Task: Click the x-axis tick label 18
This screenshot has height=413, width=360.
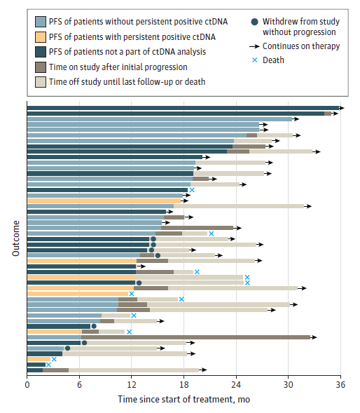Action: click(x=184, y=385)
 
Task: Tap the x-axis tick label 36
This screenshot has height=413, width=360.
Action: click(x=340, y=385)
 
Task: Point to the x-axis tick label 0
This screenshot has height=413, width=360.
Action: click(x=27, y=385)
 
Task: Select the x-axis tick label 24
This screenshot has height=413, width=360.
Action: click(x=236, y=385)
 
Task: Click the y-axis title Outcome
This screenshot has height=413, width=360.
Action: click(x=16, y=238)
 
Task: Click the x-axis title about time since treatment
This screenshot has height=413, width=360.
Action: click(x=184, y=399)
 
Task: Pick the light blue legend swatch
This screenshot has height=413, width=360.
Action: click(x=41, y=22)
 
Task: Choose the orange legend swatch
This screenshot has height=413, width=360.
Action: click(x=41, y=37)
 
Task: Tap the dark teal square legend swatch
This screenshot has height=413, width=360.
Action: click(x=41, y=52)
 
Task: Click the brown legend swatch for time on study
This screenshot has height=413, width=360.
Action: click(x=41, y=67)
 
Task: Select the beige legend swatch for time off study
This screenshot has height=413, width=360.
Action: click(x=41, y=82)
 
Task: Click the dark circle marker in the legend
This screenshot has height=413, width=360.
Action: click(x=254, y=22)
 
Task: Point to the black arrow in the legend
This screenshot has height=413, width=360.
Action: click(x=254, y=46)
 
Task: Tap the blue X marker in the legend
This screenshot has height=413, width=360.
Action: click(x=255, y=60)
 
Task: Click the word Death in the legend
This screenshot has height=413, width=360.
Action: click(x=273, y=60)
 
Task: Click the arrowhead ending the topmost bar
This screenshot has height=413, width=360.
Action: click(x=342, y=108)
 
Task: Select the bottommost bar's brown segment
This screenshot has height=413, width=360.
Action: click(x=56, y=370)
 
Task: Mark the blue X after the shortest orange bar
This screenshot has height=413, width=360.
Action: click(x=54, y=359)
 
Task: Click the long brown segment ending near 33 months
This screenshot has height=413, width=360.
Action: click(x=196, y=337)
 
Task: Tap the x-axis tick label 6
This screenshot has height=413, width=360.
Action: click(x=79, y=385)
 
